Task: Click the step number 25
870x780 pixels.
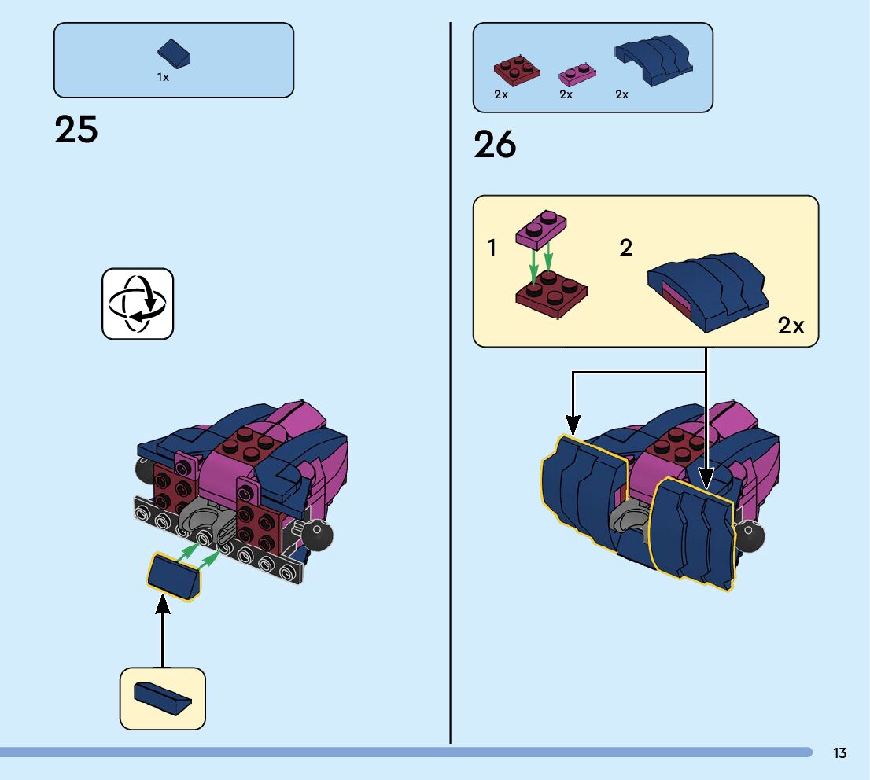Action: (76, 130)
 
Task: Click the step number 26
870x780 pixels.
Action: (495, 145)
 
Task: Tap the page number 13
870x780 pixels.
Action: (839, 753)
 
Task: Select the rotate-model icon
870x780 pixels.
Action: (138, 304)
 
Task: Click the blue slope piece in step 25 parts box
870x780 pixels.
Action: (175, 54)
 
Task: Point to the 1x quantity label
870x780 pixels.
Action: (163, 78)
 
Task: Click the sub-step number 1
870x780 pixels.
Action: (492, 248)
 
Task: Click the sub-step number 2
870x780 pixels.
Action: (625, 248)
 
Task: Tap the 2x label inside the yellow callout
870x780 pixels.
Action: (791, 326)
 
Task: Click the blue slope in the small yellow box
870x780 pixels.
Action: (162, 697)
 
